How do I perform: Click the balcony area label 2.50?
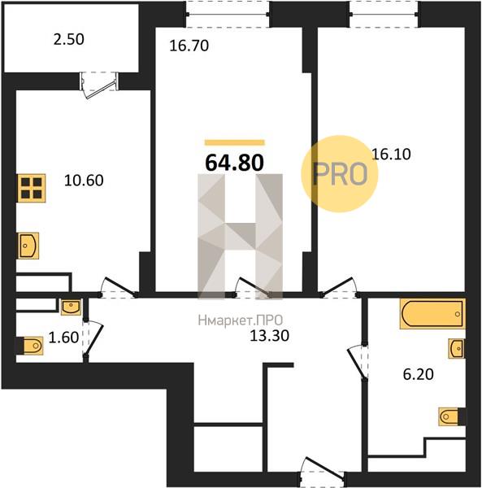(68, 40)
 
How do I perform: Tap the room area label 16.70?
(189, 46)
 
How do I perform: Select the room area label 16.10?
(391, 154)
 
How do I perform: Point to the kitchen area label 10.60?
(84, 181)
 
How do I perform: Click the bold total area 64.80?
(234, 163)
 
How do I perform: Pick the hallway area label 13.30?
(269, 335)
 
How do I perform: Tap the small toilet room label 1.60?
(63, 338)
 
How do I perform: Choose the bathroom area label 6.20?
(419, 374)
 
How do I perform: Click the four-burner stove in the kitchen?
(31, 188)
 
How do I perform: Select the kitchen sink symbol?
(28, 246)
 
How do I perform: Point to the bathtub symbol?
(432, 314)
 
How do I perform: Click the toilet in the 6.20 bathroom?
(452, 416)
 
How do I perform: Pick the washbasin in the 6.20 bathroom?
(457, 349)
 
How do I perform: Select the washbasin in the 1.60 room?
(71, 307)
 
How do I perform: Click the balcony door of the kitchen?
(99, 84)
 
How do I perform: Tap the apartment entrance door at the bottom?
(322, 470)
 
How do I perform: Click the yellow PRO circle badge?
(340, 174)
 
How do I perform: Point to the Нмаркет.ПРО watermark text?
(241, 320)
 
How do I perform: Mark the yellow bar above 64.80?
(234, 142)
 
